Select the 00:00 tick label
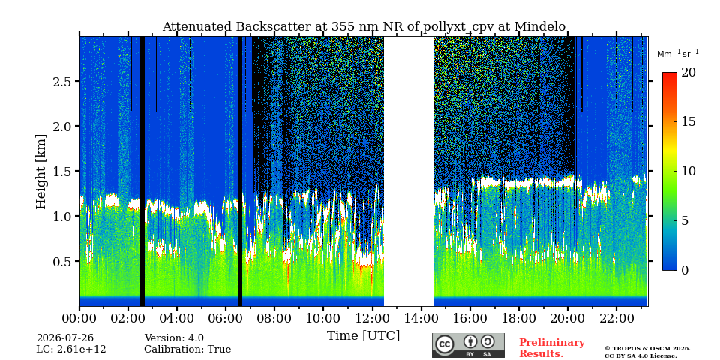pyautogui.click(x=79, y=318)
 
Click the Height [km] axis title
pyautogui.click(x=41, y=172)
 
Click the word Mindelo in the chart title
pyautogui.click(x=540, y=27)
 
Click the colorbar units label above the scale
pyautogui.click(x=678, y=54)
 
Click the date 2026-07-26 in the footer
pyautogui.click(x=65, y=338)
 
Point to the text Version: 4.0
pyautogui.click(x=174, y=338)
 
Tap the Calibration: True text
pyautogui.click(x=187, y=349)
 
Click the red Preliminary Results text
pyautogui.click(x=552, y=348)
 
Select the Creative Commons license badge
pyautogui.click(x=468, y=345)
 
